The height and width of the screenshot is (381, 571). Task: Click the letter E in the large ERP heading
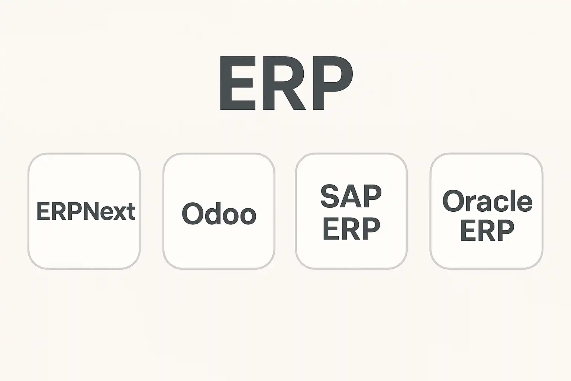(x=238, y=83)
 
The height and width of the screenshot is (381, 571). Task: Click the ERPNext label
(x=86, y=211)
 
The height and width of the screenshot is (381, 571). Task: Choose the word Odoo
(x=219, y=213)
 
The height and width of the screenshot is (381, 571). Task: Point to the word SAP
(x=351, y=196)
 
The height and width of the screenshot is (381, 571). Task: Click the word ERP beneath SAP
(x=351, y=228)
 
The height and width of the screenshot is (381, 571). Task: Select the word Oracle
(x=487, y=201)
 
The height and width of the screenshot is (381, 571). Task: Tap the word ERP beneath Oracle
(x=487, y=230)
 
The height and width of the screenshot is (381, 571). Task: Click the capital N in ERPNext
(x=91, y=211)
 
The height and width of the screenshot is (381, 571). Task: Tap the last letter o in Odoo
(x=248, y=216)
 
